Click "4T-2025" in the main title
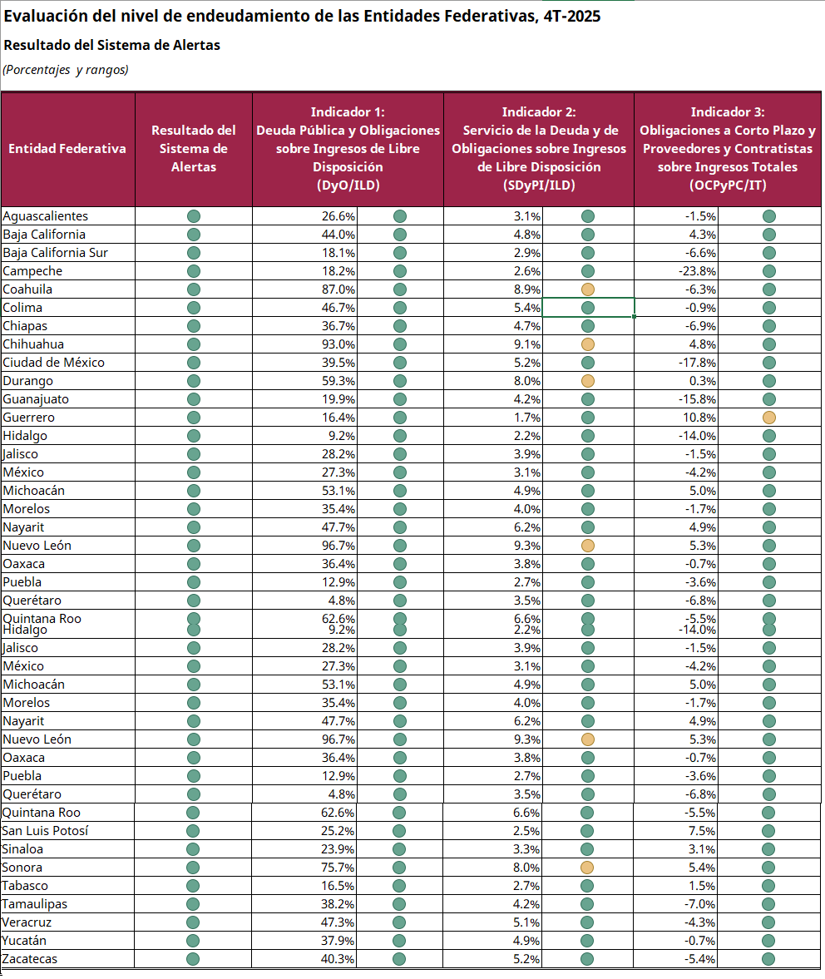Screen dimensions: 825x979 (x=571, y=17)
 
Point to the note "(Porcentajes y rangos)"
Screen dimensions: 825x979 (x=66, y=70)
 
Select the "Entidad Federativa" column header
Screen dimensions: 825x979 (x=67, y=149)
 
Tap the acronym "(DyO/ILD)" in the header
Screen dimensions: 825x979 (x=348, y=185)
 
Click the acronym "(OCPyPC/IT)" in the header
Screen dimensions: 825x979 (x=728, y=185)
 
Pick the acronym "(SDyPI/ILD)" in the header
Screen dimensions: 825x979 (x=539, y=185)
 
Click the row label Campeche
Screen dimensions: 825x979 (x=32, y=271)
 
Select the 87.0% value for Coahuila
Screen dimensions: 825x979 (x=338, y=289)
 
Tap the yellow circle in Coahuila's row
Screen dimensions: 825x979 (x=587, y=289)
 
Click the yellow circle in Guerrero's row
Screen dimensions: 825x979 (x=768, y=418)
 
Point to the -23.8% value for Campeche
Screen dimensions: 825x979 (x=697, y=272)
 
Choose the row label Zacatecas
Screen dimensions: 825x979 (x=29, y=959)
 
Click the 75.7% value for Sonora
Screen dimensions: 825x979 (x=338, y=868)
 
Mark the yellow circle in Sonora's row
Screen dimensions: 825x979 (x=586, y=868)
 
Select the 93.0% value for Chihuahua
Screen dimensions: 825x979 (x=338, y=344)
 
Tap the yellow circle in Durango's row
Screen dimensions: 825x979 (x=587, y=381)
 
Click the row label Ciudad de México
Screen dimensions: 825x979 (x=54, y=363)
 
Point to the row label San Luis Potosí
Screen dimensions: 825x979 (x=45, y=831)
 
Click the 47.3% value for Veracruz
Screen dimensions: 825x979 (x=338, y=922)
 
